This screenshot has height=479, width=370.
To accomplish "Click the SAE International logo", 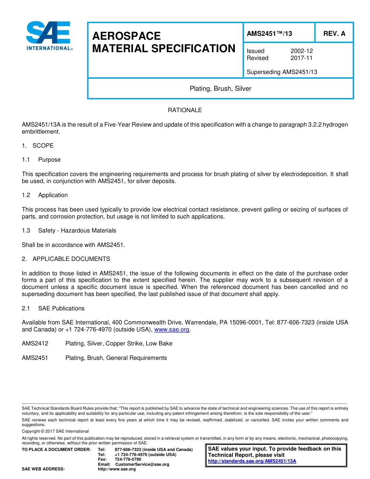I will [x=49, y=36].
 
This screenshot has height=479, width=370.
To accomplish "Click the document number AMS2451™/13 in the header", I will [x=269, y=34].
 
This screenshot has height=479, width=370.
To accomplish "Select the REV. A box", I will [x=334, y=34].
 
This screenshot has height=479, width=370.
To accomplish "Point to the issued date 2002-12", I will [x=301, y=51].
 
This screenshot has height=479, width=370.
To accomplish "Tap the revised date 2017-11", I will [x=301, y=58].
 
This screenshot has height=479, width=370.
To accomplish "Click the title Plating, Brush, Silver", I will [x=220, y=89].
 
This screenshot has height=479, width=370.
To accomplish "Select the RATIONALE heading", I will [x=185, y=110].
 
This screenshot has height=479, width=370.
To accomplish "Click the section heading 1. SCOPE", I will [x=38, y=146].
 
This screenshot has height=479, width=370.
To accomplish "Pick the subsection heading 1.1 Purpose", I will [x=41, y=160].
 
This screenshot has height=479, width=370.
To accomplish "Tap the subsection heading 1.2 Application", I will [x=45, y=195].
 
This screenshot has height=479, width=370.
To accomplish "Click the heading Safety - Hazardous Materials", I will [x=77, y=231].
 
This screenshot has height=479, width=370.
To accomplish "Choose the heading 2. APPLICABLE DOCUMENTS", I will [x=66, y=259].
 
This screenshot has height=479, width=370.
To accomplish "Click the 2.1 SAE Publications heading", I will [x=53, y=308].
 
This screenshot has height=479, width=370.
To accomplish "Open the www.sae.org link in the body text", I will [x=172, y=330].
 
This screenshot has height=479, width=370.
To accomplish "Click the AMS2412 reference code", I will [x=35, y=343].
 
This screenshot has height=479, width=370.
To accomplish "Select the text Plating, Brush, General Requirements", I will [x=116, y=358].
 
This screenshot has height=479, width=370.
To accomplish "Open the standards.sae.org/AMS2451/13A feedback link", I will [x=252, y=461].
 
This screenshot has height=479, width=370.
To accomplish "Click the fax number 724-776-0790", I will [x=128, y=460].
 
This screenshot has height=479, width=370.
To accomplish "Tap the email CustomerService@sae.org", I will [x=142, y=464].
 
